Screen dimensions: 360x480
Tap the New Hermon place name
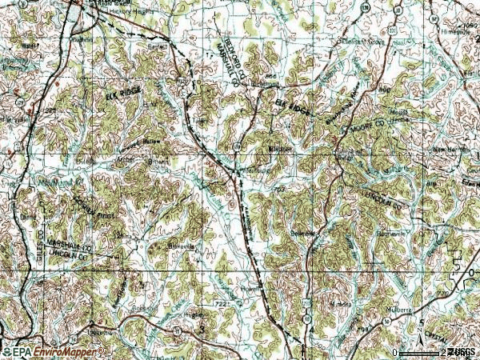(450, 150)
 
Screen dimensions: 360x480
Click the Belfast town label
(157, 47)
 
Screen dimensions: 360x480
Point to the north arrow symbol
(422, 324)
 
